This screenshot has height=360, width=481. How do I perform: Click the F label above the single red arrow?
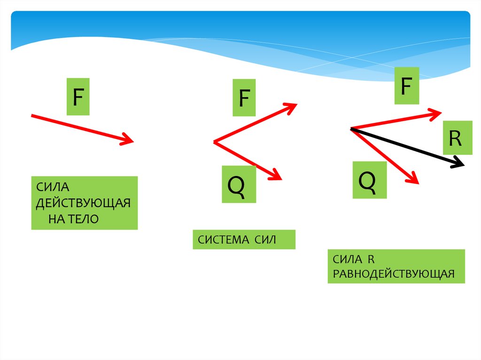78,97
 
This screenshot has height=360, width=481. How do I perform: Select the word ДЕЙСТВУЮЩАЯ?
83,203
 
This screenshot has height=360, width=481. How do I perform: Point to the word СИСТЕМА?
223,239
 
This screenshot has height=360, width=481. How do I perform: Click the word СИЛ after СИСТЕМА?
265,239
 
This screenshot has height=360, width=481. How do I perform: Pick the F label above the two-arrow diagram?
244,98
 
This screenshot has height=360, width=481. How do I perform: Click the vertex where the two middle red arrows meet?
214,142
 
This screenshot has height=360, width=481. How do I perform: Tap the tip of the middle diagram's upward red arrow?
297,104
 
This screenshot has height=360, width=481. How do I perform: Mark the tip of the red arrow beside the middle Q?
282,179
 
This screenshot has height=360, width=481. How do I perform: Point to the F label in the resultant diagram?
406,86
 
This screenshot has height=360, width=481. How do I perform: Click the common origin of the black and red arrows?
350,129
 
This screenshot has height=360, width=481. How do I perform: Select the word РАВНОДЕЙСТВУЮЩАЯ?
394,274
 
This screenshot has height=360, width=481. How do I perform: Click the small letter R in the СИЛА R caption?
371,260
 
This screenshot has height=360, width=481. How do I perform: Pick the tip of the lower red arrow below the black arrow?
419,184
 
